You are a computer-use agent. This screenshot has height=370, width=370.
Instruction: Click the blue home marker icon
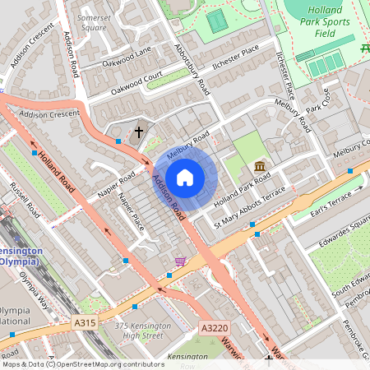185,177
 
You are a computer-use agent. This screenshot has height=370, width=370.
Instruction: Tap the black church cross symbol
139,131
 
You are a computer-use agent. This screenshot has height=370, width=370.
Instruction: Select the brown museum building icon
261,167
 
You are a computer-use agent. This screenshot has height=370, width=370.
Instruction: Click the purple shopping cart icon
180,261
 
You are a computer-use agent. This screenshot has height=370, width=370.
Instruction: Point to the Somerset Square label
92,22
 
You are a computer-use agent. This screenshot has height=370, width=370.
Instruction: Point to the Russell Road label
25,200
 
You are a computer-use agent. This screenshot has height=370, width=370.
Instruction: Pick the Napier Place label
132,212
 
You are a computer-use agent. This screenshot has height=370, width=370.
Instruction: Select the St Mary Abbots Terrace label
250,207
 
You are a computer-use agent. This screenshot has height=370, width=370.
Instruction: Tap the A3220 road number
214,327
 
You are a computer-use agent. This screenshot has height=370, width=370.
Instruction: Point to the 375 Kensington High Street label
144,330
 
